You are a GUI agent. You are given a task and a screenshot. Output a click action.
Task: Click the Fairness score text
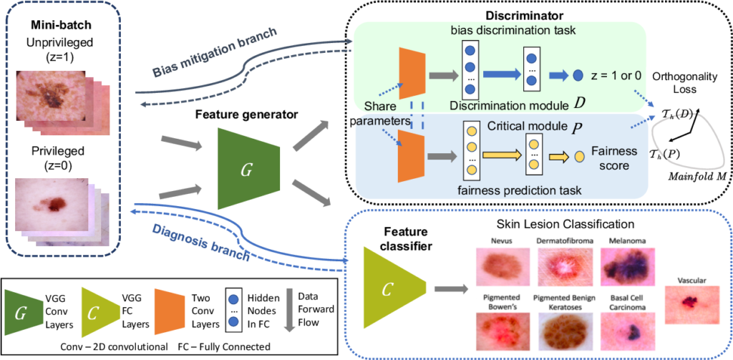[x=613, y=158]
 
